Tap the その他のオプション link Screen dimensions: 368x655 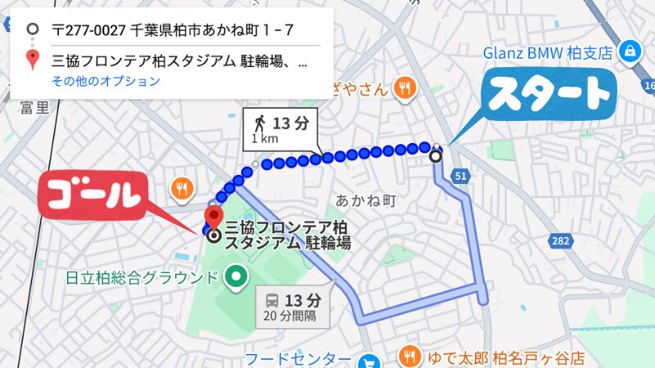click(106, 81)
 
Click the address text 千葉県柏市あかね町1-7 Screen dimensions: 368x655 click(173, 32)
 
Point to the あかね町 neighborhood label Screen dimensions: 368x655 click(366, 199)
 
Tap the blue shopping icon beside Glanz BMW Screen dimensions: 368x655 click(628, 52)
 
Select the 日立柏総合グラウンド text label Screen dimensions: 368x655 click(142, 278)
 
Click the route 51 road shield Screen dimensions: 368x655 click(462, 175)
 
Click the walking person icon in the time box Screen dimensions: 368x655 click(260, 123)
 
